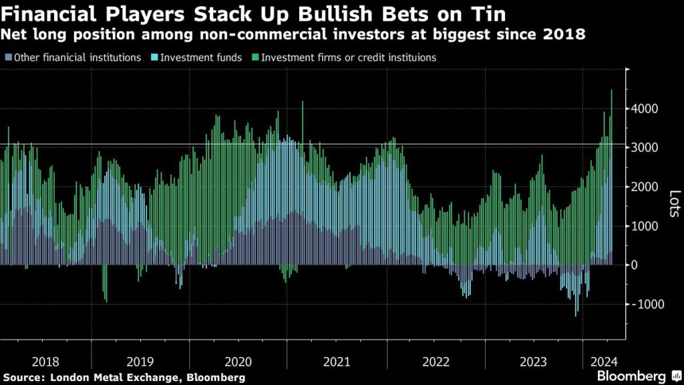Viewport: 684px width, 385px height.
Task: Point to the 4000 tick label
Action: (646, 108)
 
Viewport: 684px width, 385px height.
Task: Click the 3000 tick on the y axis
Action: (646, 147)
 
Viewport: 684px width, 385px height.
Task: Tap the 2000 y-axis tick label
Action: (646, 186)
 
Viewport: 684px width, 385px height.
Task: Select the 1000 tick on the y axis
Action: (646, 226)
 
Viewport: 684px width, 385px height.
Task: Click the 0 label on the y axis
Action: (637, 265)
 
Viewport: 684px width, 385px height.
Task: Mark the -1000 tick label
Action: (645, 304)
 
